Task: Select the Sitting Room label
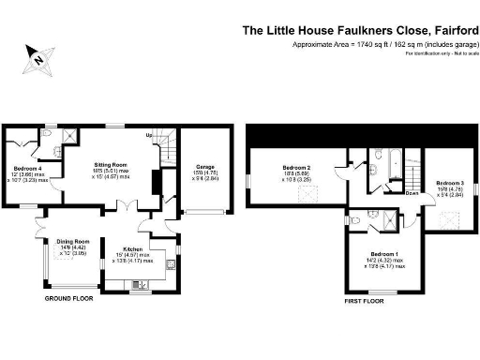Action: tap(109, 165)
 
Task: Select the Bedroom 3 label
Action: tap(449, 183)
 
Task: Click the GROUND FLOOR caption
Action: tap(71, 299)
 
